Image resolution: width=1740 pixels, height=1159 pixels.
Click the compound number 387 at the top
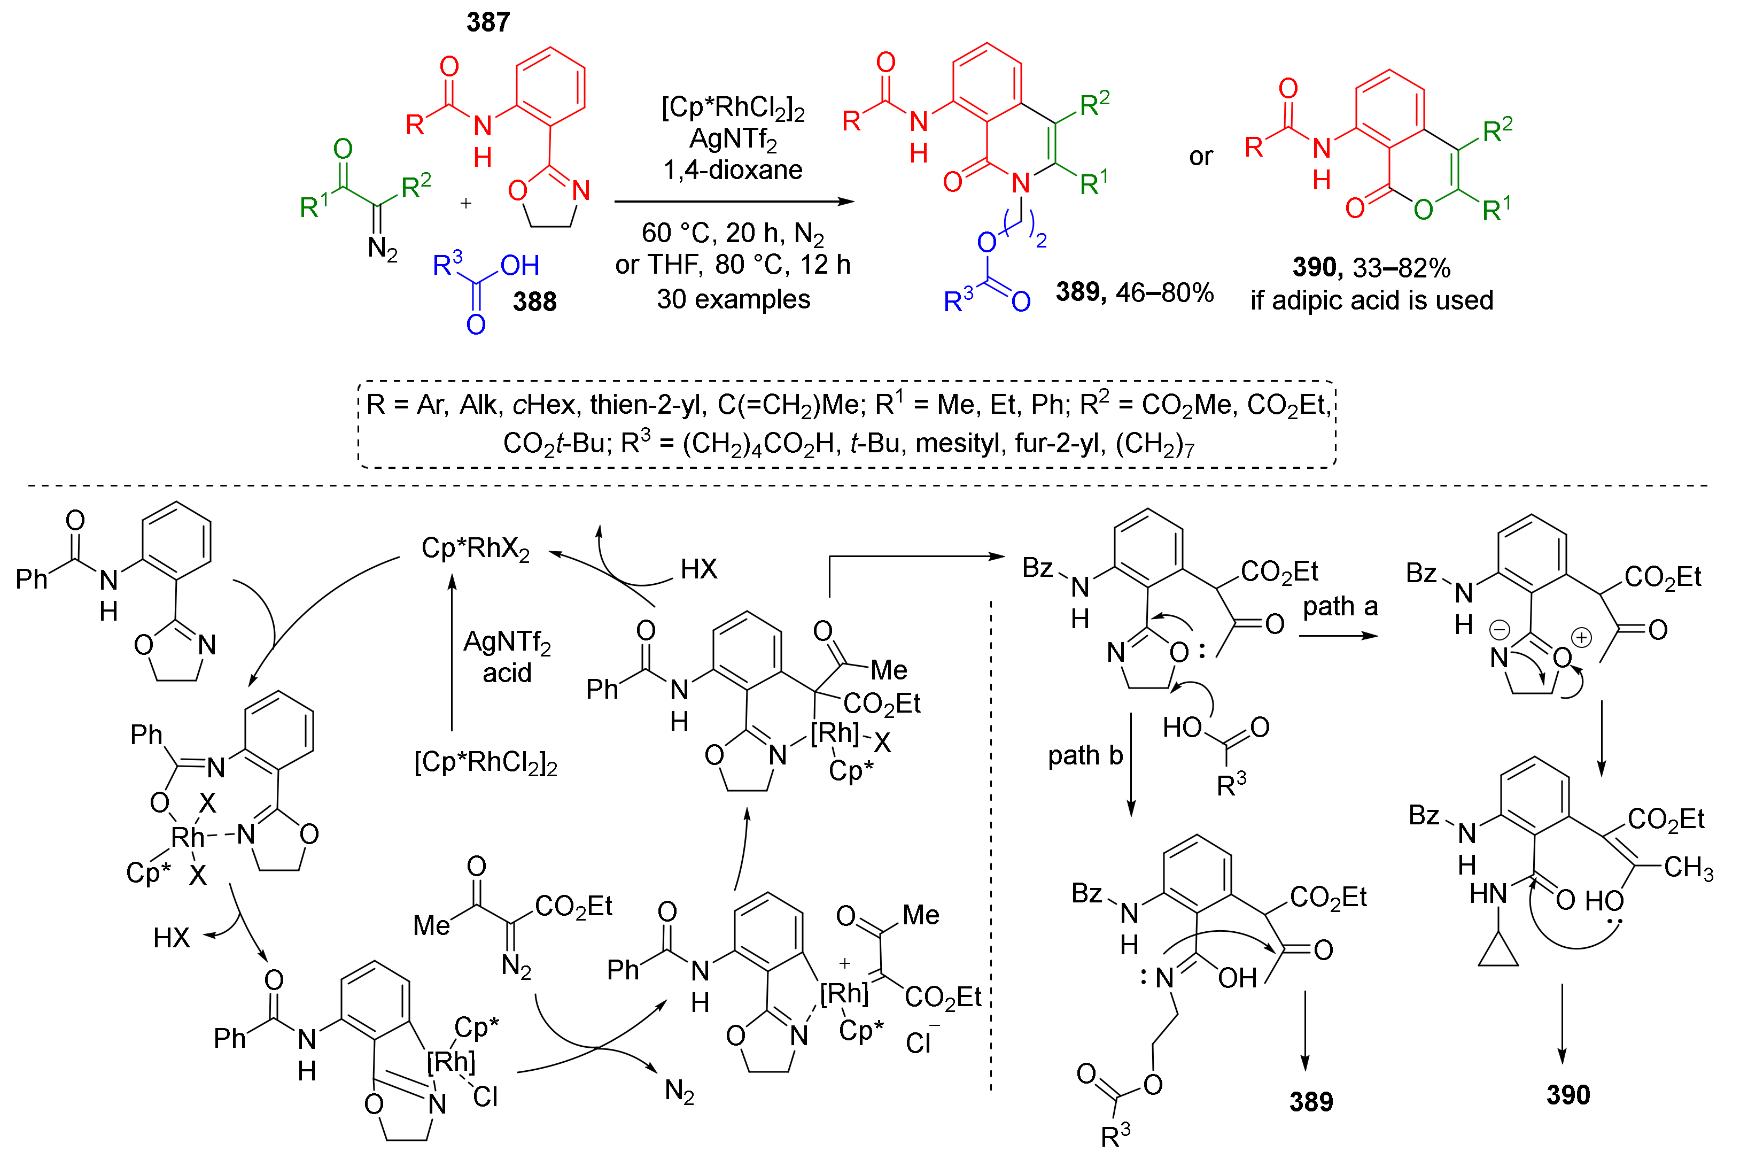point(488,22)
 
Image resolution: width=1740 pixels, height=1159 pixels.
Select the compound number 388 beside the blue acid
point(534,302)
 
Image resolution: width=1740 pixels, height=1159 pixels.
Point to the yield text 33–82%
point(1402,268)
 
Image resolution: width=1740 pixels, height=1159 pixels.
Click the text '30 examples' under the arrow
point(733,299)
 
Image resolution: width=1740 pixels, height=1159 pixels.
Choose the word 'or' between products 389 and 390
point(1201,157)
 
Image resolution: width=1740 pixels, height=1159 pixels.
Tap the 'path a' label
point(1340,606)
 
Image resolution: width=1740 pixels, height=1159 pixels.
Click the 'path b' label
point(1085,755)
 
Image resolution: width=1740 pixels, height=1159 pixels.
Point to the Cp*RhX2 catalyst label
point(475,548)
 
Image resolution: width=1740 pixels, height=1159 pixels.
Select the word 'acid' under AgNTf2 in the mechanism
point(507,673)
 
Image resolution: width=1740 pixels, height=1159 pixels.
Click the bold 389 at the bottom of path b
point(1311,1101)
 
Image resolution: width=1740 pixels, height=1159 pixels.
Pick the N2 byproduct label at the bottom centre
point(679,1091)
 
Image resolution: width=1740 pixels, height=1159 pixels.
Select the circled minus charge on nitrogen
point(1499,630)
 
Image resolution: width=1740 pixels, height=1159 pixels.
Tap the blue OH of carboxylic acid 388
point(519,265)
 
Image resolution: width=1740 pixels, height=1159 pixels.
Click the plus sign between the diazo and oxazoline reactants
point(465,203)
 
